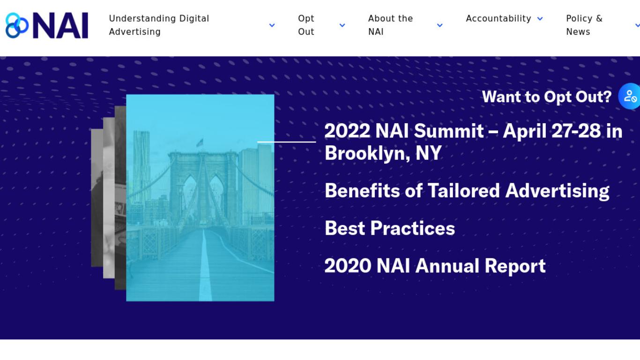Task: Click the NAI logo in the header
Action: [47, 25]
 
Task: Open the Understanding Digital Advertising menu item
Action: [159, 25]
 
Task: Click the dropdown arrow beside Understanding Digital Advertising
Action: [272, 25]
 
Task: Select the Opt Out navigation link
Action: [306, 25]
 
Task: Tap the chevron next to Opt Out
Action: [342, 25]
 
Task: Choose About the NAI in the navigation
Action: [390, 25]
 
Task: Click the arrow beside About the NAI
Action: [440, 25]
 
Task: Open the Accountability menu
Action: [499, 19]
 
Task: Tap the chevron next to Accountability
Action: [540, 19]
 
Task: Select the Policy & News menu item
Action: [584, 25]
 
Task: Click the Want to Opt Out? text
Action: [547, 97]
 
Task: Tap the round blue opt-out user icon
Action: [629, 96]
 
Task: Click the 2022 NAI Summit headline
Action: [473, 142]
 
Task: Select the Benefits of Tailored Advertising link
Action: [467, 191]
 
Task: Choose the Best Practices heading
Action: [390, 228]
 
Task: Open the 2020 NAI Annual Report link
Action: [435, 266]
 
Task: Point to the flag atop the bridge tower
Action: [200, 142]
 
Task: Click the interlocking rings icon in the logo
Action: [17, 25]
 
